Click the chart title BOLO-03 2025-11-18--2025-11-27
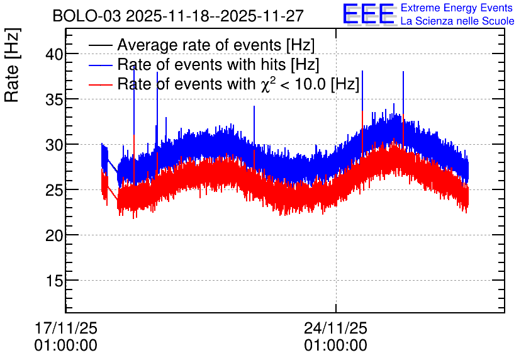click(x=178, y=16)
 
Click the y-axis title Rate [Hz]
click(x=12, y=65)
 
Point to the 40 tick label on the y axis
click(x=54, y=54)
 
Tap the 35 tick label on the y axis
click(x=54, y=99)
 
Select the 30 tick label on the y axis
click(x=54, y=145)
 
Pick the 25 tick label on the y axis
click(x=54, y=190)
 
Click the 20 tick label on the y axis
click(x=54, y=235)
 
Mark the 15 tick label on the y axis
click(x=54, y=281)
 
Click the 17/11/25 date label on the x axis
click(x=65, y=328)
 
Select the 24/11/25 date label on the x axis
click(x=335, y=328)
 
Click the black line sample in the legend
click(x=100, y=45)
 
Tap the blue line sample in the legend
click(x=100, y=65)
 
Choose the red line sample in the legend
click(x=100, y=84)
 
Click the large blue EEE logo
click(x=369, y=14)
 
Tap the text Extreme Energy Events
click(x=457, y=8)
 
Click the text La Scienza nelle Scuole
click(x=457, y=21)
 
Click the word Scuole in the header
click(x=498, y=21)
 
